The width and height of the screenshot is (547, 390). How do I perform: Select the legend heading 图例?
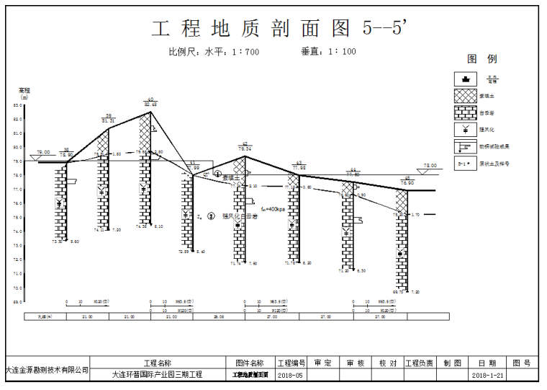pos(482,59)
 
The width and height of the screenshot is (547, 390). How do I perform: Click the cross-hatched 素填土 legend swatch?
pos(466,95)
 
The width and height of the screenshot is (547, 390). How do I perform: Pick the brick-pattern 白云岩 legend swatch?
pos(466,112)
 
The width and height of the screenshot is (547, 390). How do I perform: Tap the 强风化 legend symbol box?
pos(466,130)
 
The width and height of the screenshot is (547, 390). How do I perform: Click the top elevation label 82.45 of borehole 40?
pos(150,105)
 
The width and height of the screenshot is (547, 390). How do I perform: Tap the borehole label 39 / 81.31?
pos(109,119)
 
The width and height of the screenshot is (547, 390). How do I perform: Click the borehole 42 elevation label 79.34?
pos(245,149)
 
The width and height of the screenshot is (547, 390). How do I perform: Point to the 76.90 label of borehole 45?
pos(407,183)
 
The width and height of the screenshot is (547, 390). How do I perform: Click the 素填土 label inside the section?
pos(230,177)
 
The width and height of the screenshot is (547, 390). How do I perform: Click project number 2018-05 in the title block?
pos(291,376)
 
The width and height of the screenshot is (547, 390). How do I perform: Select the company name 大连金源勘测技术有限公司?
pos(47,370)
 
